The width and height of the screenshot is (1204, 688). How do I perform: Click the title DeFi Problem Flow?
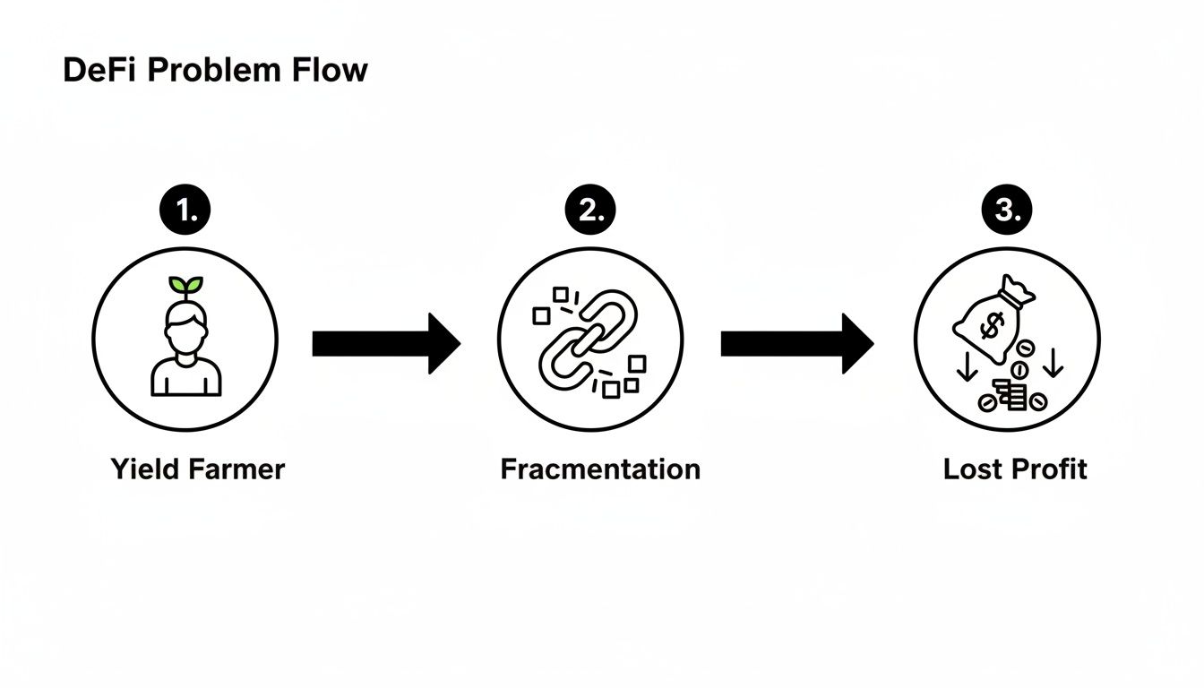tap(215, 71)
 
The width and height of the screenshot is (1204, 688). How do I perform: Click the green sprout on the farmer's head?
tap(185, 286)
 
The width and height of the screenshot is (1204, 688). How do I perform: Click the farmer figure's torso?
tap(185, 374)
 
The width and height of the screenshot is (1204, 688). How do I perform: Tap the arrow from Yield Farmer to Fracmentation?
tap(385, 343)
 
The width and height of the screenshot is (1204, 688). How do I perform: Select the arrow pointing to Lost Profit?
tap(795, 343)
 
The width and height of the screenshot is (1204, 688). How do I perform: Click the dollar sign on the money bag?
tap(992, 328)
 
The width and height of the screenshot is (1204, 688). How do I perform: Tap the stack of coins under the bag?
tap(1013, 394)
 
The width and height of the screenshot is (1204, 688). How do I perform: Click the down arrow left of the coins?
tap(967, 366)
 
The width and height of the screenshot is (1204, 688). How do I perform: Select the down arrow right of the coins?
tap(1053, 363)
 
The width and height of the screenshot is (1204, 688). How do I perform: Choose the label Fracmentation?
tap(600, 469)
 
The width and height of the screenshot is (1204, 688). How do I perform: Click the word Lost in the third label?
tap(972, 469)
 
